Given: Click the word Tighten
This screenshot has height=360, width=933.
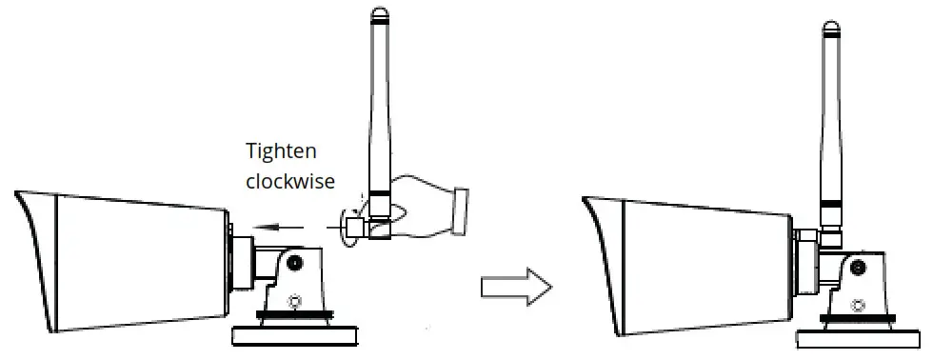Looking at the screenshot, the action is click(281, 150).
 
